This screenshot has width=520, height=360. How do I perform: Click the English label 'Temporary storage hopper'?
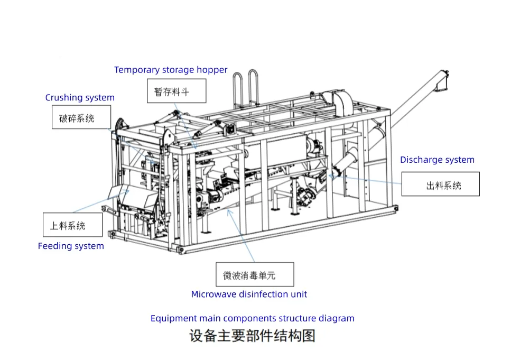tap(171, 70)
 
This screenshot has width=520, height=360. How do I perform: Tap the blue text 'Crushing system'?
tap(80, 97)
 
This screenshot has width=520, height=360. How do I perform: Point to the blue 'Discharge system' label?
tap(437, 160)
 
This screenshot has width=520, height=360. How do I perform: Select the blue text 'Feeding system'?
tap(71, 246)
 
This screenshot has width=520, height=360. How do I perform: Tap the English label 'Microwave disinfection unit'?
tap(249, 294)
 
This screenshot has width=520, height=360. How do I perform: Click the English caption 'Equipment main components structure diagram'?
tap(252, 318)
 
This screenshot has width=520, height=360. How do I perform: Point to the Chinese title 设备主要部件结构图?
tap(252, 336)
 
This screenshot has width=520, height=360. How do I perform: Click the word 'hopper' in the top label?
tap(212, 70)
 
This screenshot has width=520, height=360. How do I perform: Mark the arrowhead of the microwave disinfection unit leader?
tap(228, 211)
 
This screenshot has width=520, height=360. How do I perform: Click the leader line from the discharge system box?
tap(370, 179)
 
